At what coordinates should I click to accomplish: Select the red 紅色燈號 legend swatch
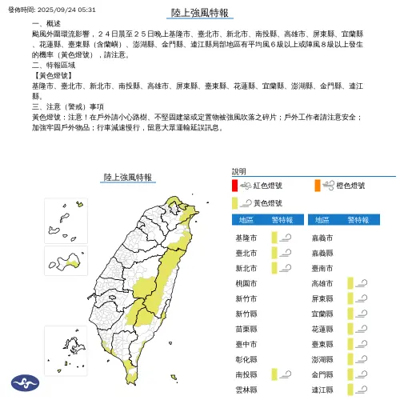235,186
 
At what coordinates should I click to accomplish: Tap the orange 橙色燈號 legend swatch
318,186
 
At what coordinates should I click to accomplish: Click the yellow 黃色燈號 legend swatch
235,203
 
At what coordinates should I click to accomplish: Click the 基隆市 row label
246,238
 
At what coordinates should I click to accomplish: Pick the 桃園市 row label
246,283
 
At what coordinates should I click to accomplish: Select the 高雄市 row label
322,283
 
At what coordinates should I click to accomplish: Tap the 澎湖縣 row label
322,358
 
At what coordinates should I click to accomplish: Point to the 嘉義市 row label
322,238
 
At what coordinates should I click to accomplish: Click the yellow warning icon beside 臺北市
281,253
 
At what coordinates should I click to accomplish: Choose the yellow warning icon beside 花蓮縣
357,329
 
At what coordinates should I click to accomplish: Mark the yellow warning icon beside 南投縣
281,374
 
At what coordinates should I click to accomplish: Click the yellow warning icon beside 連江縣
357,389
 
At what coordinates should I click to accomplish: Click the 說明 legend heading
239,171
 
